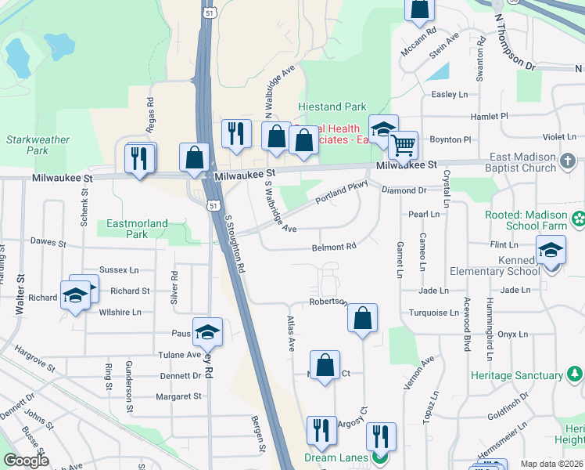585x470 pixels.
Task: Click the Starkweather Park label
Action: (x=38, y=145)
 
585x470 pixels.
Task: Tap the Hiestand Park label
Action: (x=332, y=107)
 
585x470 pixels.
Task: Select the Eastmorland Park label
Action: (x=137, y=229)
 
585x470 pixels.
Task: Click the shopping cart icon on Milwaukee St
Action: (x=403, y=145)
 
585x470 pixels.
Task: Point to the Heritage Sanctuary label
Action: (x=517, y=375)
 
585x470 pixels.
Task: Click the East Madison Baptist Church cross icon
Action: (x=569, y=163)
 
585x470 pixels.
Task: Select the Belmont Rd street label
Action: (x=334, y=247)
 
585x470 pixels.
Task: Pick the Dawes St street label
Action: (x=46, y=243)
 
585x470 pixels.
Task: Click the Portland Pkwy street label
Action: (x=341, y=194)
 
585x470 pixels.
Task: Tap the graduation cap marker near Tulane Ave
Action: (x=207, y=333)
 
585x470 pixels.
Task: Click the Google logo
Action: (x=27, y=461)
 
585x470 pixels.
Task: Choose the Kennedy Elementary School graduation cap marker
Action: (x=551, y=251)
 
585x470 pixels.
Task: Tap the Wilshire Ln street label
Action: (x=119, y=312)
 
